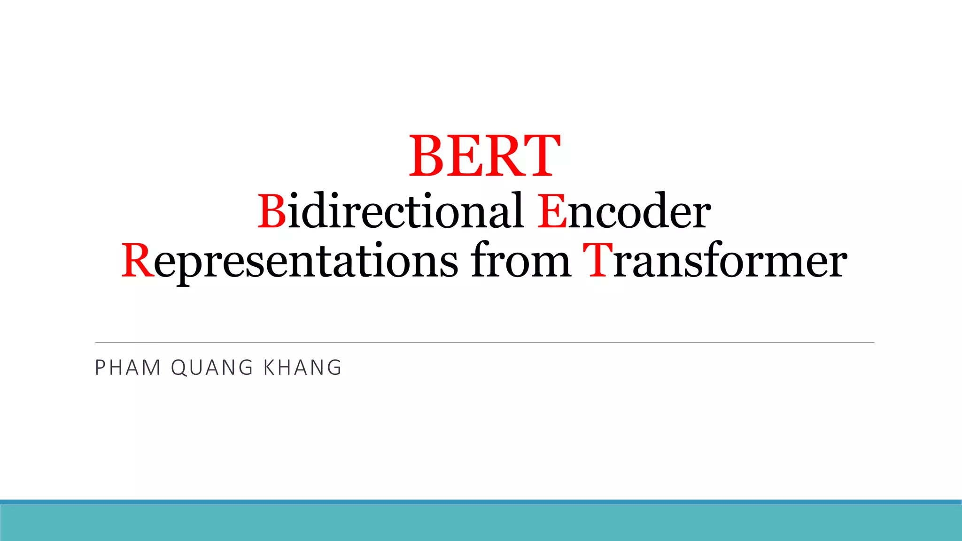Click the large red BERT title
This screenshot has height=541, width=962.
click(485, 156)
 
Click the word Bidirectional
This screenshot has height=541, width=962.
click(390, 211)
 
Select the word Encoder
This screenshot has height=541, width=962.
click(624, 211)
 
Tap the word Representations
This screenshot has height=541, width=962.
click(289, 261)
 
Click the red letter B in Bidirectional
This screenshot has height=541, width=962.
click(272, 211)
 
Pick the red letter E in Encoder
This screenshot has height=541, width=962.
click(552, 211)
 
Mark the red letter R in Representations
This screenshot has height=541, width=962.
click(137, 261)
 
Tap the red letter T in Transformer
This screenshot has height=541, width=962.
click(597, 260)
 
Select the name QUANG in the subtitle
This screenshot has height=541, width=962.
click(212, 368)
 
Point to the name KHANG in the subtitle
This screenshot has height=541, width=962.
click(303, 368)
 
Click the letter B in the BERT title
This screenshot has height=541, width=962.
click(427, 156)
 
